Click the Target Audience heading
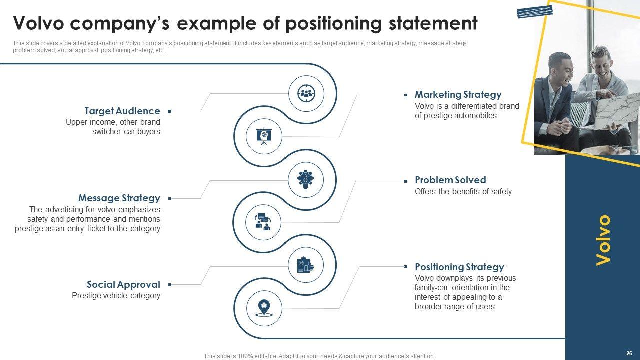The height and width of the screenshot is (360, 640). (122, 111)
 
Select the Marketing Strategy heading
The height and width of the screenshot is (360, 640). (458, 94)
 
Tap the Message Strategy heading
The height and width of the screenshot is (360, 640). (119, 198)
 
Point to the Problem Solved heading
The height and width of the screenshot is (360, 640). (450, 180)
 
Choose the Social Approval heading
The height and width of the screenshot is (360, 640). (123, 284)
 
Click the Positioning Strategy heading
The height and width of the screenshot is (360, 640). (459, 267)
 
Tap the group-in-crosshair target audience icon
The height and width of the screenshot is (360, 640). (306, 92)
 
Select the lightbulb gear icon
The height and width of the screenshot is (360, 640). (306, 178)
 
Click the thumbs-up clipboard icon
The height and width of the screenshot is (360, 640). (306, 265)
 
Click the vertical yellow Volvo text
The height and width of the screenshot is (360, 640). (603, 240)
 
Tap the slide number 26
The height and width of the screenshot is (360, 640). (629, 352)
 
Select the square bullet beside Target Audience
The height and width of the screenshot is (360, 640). (169, 111)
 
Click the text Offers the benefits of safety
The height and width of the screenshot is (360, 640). (463, 192)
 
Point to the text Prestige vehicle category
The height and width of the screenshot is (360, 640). (116, 295)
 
